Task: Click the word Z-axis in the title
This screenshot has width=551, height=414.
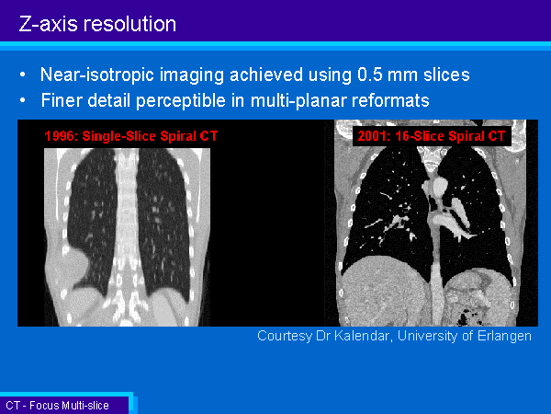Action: coord(48,24)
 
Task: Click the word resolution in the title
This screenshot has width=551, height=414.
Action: coord(129,24)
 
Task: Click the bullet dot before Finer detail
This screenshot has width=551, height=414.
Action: coord(23,100)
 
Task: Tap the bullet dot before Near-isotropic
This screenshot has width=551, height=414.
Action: coord(23,75)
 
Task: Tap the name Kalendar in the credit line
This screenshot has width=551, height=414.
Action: coord(362,336)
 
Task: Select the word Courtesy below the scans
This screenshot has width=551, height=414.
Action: coord(285,336)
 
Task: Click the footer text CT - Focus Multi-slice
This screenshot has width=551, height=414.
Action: coord(57,406)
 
